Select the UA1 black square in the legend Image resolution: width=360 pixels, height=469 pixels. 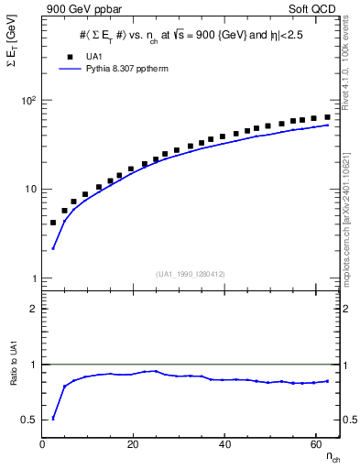click(x=70, y=56)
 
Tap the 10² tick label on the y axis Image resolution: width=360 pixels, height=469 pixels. click(x=26, y=100)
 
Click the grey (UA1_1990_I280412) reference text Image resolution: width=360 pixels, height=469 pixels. click(x=191, y=272)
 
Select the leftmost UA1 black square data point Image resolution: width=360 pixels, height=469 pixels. click(x=53, y=223)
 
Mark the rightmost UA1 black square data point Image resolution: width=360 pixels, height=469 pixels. click(x=327, y=116)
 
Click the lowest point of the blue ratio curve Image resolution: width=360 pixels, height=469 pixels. click(x=53, y=419)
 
